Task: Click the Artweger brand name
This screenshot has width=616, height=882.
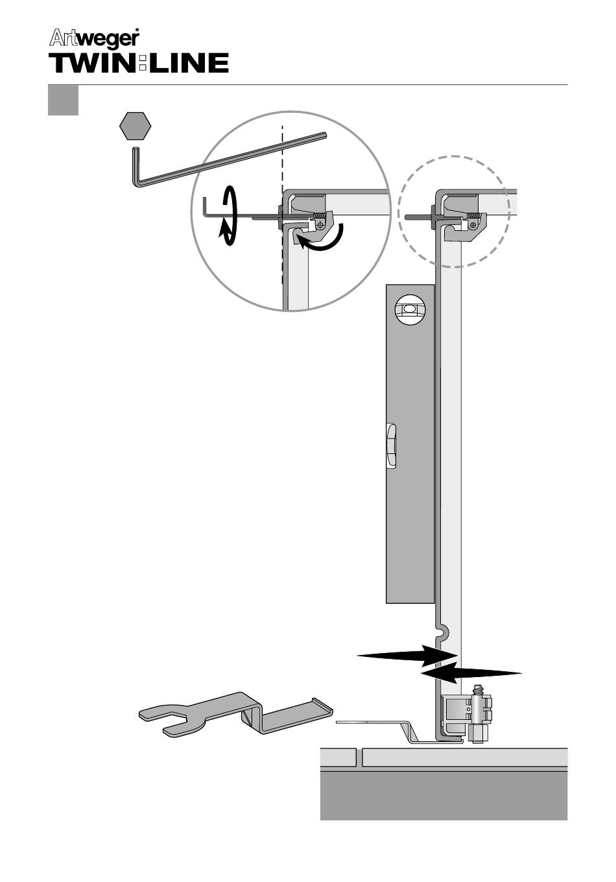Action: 94,39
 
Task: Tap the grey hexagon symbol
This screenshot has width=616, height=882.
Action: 136,126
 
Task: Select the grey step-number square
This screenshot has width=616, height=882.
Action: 63,101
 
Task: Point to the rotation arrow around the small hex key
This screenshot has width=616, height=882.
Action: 228,216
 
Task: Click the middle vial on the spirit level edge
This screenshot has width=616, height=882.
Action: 392,444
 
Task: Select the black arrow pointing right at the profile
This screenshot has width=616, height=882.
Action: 406,655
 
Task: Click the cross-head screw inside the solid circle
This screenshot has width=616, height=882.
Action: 321,225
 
